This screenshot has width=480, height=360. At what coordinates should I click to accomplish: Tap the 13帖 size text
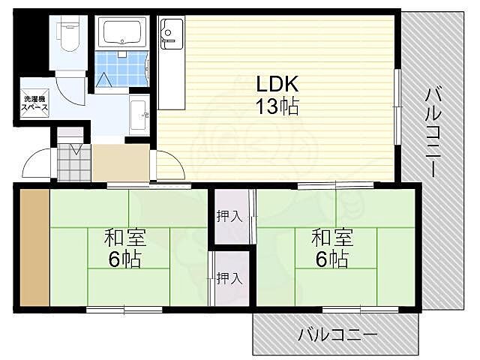[x=278, y=106]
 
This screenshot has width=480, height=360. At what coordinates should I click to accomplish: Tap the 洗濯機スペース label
[x=35, y=103]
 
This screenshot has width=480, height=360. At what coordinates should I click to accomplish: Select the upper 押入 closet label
[x=229, y=217]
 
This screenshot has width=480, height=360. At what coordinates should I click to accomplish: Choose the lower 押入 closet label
[x=229, y=278]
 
